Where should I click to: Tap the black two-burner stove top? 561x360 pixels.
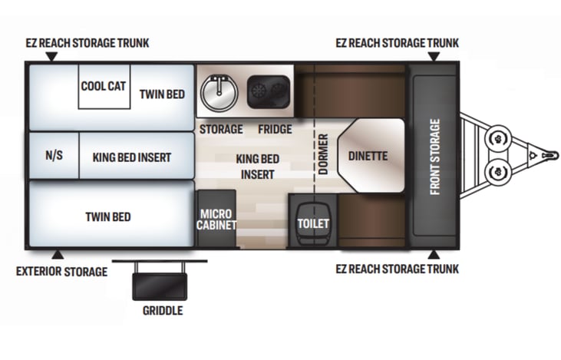269,91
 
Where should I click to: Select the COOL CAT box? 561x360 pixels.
104,87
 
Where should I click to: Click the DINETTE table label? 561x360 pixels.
368,156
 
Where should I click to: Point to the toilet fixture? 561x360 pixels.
313,223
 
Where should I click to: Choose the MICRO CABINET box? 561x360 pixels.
216,218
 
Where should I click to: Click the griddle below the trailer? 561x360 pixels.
160,286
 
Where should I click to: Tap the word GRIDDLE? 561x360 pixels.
163,311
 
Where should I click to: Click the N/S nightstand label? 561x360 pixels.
54,155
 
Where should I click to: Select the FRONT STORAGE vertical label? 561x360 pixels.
434,157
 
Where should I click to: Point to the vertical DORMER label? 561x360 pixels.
323,154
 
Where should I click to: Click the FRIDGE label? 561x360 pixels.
276,129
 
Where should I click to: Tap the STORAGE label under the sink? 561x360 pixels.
221,129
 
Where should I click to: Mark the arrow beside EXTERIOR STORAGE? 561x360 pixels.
58,255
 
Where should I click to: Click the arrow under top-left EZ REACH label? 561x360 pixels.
52,57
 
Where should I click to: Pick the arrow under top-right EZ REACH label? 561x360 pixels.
434,57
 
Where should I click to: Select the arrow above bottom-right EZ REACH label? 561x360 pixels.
434,254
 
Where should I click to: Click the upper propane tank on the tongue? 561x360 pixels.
497,138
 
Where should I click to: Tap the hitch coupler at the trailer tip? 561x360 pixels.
549,156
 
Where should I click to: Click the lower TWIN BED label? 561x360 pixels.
108,217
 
